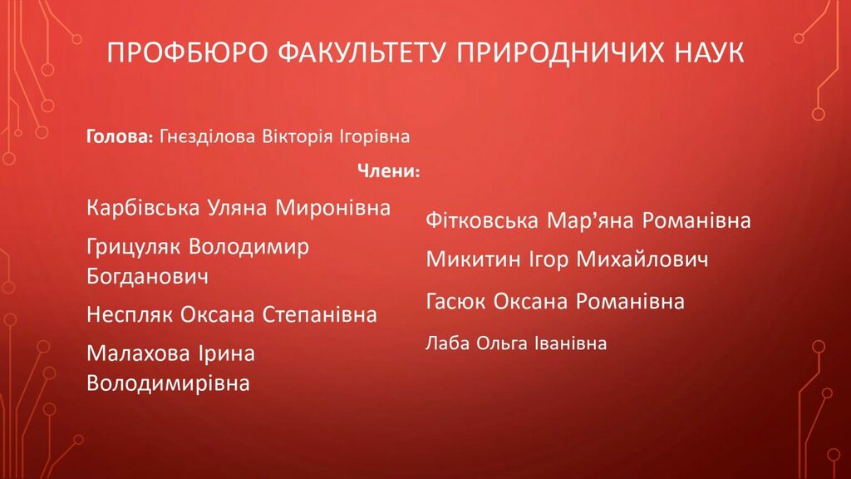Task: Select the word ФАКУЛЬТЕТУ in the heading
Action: (362, 52)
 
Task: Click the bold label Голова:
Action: (120, 136)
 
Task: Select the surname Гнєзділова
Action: (207, 136)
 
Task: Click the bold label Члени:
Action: (389, 171)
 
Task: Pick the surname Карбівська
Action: (143, 207)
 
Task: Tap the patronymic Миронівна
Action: (332, 207)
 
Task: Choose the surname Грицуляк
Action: (135, 247)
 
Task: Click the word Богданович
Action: (147, 276)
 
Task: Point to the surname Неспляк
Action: (130, 314)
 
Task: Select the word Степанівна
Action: (320, 314)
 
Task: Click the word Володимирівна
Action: (168, 383)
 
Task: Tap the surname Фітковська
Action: (482, 220)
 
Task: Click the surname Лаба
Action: (447, 343)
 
